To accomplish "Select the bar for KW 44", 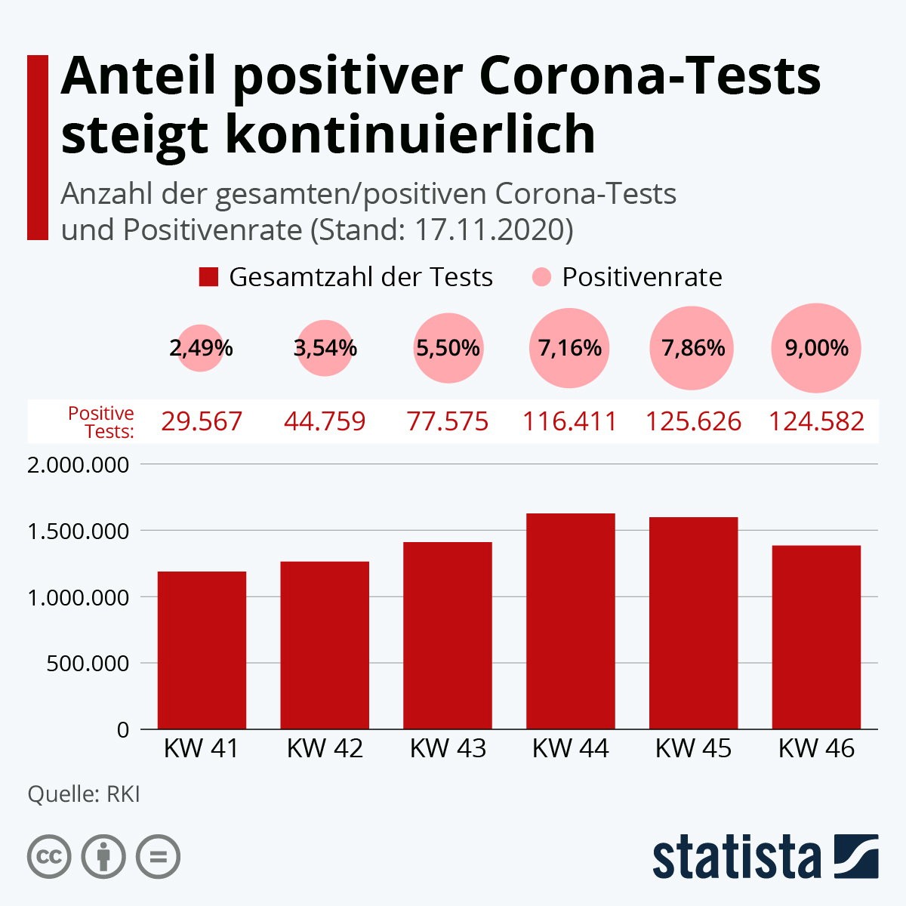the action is pos(570,621).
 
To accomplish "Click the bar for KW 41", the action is pos(202,650).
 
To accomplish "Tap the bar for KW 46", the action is pos(816,637).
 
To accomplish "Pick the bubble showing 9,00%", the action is pos(816,348).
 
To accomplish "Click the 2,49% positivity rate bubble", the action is pos(201,348).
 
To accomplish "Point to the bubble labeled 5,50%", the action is pos(448,348).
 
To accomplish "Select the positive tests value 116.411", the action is pos(570,421).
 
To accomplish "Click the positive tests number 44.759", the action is pos(325,421).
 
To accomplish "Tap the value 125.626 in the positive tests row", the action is pos(694,421).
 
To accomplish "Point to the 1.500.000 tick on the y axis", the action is pos(78,532).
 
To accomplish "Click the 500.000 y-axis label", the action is pos(88,664).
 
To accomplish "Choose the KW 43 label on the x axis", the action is pos(448,748).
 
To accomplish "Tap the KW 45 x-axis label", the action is pos(694,748).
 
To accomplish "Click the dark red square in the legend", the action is pos(208,277).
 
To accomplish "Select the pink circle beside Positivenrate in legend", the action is pos(541,277).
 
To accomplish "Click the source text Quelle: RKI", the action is pos(84,794).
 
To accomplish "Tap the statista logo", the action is pos(766,856).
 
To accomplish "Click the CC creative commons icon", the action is pos(49,857).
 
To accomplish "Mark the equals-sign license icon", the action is pos(158,857).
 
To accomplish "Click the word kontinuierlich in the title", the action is pos(411,134).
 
